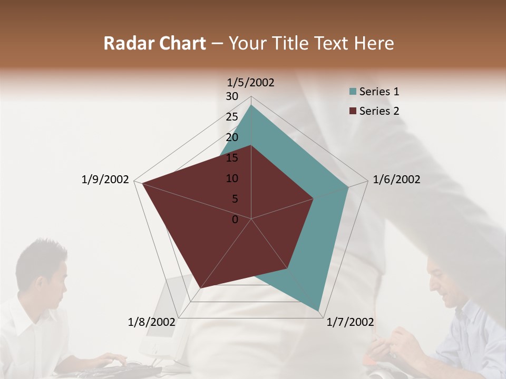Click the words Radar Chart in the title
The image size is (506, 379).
[x=154, y=43]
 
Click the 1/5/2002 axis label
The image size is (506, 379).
[x=250, y=82]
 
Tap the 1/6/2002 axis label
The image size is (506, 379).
[x=396, y=179]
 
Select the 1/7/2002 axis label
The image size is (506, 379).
[x=350, y=322]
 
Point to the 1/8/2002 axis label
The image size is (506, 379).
[x=152, y=322]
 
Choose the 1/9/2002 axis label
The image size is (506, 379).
[x=105, y=179]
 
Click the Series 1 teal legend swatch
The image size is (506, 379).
[x=352, y=92]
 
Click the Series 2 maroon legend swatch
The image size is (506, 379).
[x=352, y=111]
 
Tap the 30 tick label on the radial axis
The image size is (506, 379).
[x=232, y=96]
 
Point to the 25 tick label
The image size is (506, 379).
[x=232, y=117]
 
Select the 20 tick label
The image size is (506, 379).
[x=232, y=137]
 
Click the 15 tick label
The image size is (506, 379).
[x=232, y=158]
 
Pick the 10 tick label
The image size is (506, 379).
[x=232, y=178]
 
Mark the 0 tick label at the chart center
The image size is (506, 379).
[x=235, y=220]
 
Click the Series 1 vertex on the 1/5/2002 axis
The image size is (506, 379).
[x=251, y=105]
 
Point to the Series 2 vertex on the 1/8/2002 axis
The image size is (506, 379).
[x=201, y=288]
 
